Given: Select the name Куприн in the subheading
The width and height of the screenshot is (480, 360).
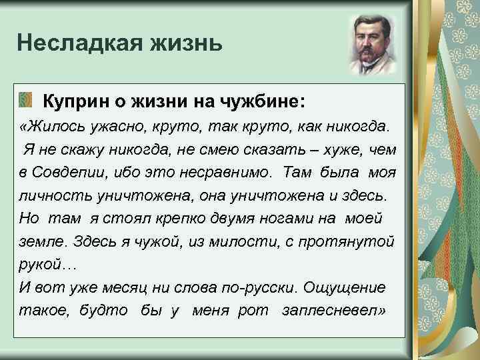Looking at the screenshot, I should (75, 101).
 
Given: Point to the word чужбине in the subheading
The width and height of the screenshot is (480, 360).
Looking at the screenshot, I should (262, 101).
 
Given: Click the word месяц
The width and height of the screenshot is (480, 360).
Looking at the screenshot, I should (109, 287).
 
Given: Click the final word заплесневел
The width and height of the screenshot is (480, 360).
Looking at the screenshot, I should (334, 311).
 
